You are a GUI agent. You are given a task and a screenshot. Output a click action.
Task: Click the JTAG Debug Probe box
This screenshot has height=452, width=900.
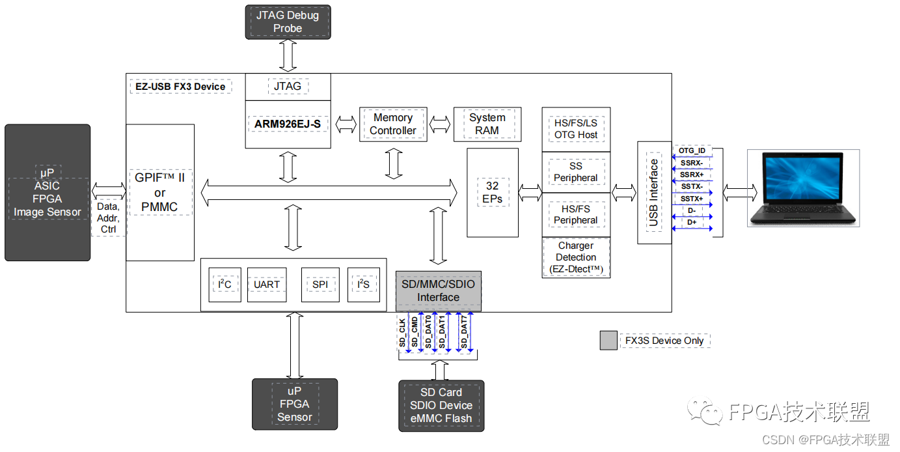(288, 21)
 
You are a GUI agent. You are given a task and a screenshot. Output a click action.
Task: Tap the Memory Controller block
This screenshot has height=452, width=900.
(393, 124)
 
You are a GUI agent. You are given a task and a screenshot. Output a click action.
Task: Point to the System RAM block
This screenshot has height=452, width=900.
(487, 124)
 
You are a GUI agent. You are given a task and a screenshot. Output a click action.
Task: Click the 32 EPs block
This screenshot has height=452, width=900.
(493, 192)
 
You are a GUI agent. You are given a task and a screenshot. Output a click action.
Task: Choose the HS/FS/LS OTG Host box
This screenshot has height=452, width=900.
(576, 129)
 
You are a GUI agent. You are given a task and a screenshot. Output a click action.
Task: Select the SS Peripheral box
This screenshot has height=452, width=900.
(576, 172)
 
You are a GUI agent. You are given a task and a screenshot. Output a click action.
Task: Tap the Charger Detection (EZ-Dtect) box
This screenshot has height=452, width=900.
(576, 257)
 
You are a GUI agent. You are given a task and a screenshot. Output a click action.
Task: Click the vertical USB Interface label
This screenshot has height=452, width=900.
(654, 193)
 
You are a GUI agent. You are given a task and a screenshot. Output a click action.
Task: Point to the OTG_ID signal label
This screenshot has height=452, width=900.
(692, 150)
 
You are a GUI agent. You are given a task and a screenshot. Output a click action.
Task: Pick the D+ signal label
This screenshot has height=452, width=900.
(692, 223)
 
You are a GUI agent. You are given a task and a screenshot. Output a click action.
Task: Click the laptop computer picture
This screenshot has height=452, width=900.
(803, 188)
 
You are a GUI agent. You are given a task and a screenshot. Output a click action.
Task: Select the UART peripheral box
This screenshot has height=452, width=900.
(267, 285)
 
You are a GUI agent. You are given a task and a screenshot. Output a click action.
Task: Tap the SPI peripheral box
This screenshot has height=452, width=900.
(320, 285)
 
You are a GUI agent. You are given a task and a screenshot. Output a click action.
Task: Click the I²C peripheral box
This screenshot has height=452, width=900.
(225, 285)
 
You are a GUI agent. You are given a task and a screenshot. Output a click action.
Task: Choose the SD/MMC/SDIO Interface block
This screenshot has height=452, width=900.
(439, 291)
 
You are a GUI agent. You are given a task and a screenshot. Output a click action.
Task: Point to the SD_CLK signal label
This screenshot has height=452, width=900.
(403, 332)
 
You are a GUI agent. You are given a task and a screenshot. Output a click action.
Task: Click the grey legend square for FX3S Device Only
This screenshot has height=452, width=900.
(608, 341)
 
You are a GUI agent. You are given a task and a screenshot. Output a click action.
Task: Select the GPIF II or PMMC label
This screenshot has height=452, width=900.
(160, 193)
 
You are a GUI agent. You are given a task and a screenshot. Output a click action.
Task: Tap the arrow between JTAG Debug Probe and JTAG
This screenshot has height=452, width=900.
(288, 55)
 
